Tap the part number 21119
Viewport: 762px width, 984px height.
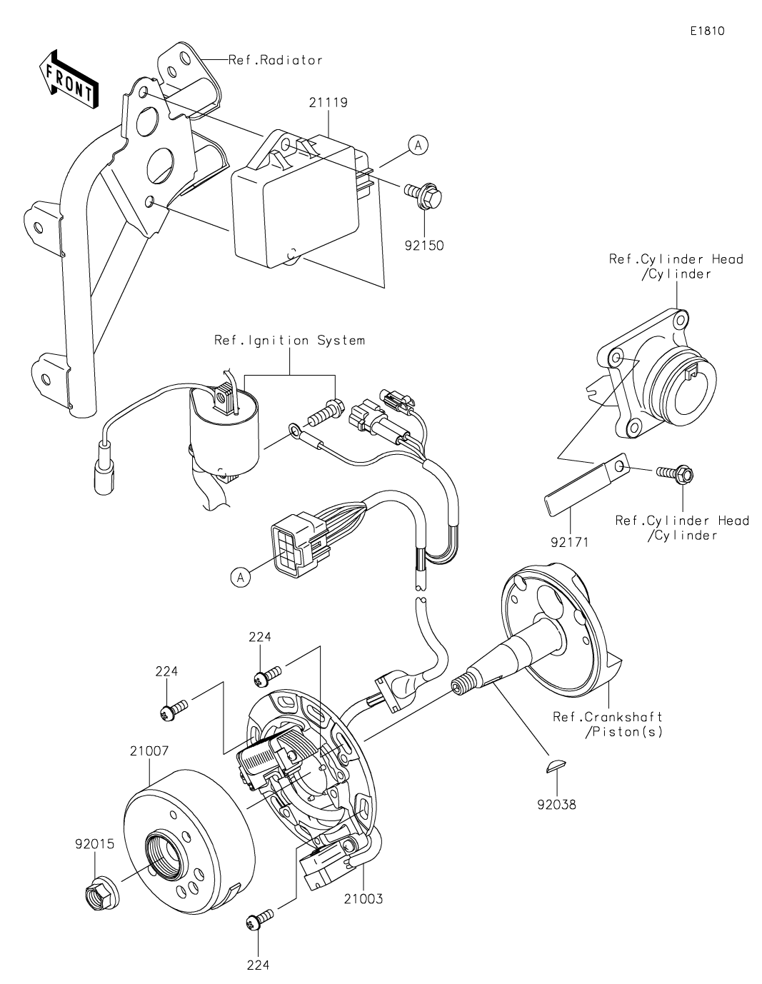[329, 103]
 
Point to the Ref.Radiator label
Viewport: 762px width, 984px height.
[275, 60]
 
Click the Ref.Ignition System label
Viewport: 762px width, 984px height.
[289, 341]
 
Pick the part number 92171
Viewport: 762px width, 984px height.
[569, 542]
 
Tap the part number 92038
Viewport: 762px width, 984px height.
[557, 805]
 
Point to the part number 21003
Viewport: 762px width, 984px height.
[364, 898]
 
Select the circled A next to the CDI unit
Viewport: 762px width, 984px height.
[418, 145]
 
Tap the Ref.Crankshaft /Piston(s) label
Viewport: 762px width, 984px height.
[608, 724]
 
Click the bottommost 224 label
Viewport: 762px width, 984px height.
[258, 965]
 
